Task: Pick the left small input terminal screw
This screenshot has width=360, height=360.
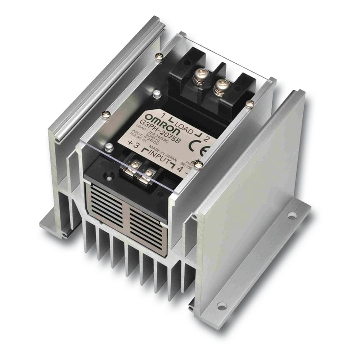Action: click(134, 165)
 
